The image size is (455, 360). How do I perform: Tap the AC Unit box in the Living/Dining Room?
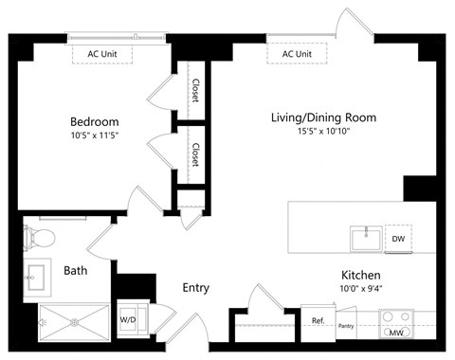pyautogui.click(x=297, y=54)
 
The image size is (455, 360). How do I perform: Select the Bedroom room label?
pyautogui.click(x=95, y=121)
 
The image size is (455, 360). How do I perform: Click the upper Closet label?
pyautogui.click(x=194, y=91)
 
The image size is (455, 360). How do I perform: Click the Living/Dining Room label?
pyautogui.click(x=323, y=118)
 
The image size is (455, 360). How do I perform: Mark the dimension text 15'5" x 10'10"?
pyautogui.click(x=323, y=133)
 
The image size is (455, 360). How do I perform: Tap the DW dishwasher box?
pyautogui.click(x=399, y=240)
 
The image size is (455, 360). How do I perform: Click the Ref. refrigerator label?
pyautogui.click(x=318, y=321)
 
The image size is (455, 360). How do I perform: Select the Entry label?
pyautogui.click(x=196, y=287)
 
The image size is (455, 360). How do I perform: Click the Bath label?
pyautogui.click(x=76, y=270)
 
